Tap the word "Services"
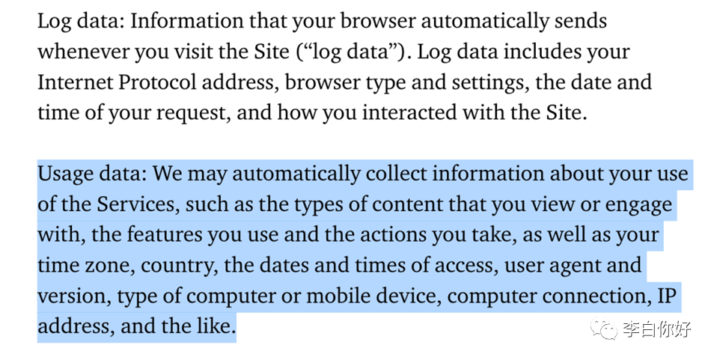[138, 204]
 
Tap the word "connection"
[585, 296]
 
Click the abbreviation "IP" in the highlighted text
[667, 296]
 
